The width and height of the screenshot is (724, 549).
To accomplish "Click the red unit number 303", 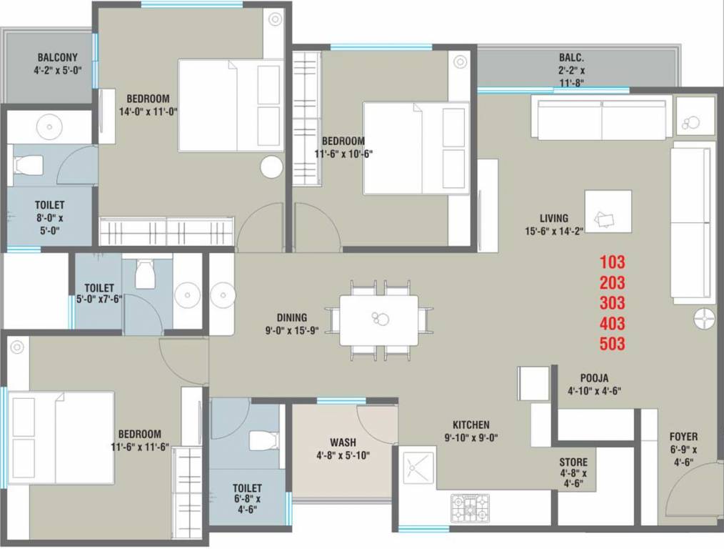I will (x=613, y=302).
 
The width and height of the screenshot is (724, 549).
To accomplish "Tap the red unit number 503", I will (x=613, y=344).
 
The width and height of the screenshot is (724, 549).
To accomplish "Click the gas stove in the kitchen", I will (x=469, y=507).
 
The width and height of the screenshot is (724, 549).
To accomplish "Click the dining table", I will (x=378, y=320).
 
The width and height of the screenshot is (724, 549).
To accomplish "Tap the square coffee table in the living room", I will (x=608, y=212).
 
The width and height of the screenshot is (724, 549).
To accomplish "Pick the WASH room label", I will (x=343, y=442).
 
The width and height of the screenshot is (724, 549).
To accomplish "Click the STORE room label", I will (x=573, y=462).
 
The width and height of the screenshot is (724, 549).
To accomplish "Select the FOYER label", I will (x=683, y=437).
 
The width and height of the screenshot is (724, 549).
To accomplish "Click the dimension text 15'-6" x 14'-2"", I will (x=553, y=231).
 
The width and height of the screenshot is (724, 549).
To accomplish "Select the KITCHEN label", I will (x=471, y=425).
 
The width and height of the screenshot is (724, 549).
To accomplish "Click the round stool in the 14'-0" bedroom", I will (x=271, y=167).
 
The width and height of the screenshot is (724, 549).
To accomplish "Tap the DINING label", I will (x=292, y=317).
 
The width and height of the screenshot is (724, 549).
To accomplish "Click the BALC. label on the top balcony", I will (x=571, y=57).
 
